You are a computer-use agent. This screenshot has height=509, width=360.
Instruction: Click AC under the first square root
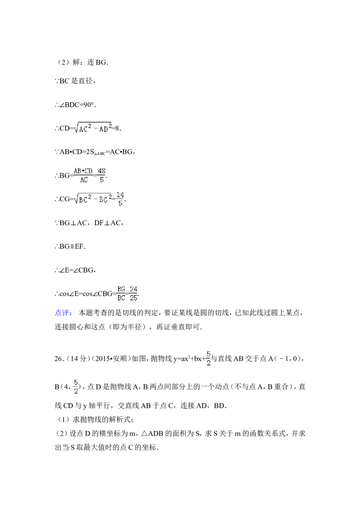(83, 129)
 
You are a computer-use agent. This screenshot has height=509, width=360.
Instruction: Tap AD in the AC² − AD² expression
(103, 129)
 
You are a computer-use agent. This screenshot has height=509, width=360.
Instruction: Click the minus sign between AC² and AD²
(95, 129)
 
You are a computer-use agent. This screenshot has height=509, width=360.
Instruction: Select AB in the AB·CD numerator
(78, 170)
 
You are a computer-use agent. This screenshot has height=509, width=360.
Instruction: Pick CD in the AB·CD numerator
(89, 170)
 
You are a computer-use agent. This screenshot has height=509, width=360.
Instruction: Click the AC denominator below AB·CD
(84, 180)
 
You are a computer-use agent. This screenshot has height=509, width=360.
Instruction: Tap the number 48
(102, 170)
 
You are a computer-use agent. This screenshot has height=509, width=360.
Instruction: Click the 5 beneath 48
(102, 180)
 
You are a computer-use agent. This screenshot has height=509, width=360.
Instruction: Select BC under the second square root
(83, 200)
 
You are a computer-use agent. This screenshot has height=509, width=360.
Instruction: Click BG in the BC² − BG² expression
(103, 200)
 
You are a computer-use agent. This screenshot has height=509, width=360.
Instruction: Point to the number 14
(120, 194)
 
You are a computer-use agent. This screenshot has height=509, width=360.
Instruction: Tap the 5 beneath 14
(120, 204)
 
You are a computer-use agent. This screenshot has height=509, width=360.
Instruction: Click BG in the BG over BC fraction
(121, 289)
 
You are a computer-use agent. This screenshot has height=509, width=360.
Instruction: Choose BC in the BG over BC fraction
(121, 298)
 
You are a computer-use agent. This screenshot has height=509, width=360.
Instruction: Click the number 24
(134, 289)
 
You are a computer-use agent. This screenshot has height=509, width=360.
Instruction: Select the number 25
(134, 298)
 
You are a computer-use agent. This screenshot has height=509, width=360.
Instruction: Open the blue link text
(63, 313)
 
